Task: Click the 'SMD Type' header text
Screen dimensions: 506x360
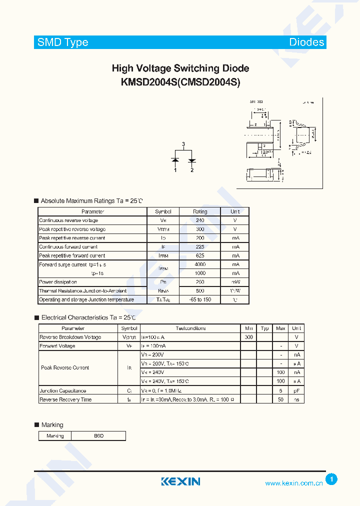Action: pyautogui.click(x=63, y=42)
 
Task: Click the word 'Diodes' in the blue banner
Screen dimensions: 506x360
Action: pyautogui.click(x=306, y=42)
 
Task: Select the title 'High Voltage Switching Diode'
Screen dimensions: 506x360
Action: pyautogui.click(x=180, y=68)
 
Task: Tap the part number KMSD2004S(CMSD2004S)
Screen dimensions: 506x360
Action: pyautogui.click(x=180, y=82)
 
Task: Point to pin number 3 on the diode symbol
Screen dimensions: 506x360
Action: pyautogui.click(x=183, y=144)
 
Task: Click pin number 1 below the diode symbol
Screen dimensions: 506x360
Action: pyautogui.click(x=175, y=170)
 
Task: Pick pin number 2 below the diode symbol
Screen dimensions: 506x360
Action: pyautogui.click(x=191, y=170)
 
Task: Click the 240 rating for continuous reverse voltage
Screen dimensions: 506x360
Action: pyautogui.click(x=200, y=220)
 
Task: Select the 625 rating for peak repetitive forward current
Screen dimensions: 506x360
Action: pyautogui.click(x=200, y=255)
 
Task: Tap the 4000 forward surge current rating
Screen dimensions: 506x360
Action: pyautogui.click(x=200, y=264)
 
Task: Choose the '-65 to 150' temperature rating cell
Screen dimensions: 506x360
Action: pyautogui.click(x=200, y=299)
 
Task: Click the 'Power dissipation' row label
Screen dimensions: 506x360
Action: pyautogui.click(x=58, y=282)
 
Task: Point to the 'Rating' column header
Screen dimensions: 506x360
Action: pyautogui.click(x=200, y=211)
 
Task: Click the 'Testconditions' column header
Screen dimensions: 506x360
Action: pyautogui.click(x=190, y=328)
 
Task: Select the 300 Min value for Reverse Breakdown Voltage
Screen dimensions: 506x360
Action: pyautogui.click(x=249, y=337)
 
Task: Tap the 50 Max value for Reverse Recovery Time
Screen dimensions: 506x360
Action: pyautogui.click(x=280, y=399)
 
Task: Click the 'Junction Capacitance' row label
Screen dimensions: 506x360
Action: pyautogui.click(x=62, y=391)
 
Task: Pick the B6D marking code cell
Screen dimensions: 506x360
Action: pyautogui.click(x=98, y=436)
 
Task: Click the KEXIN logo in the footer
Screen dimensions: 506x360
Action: pyautogui.click(x=180, y=481)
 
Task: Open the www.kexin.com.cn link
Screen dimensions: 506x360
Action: pyautogui.click(x=293, y=483)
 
